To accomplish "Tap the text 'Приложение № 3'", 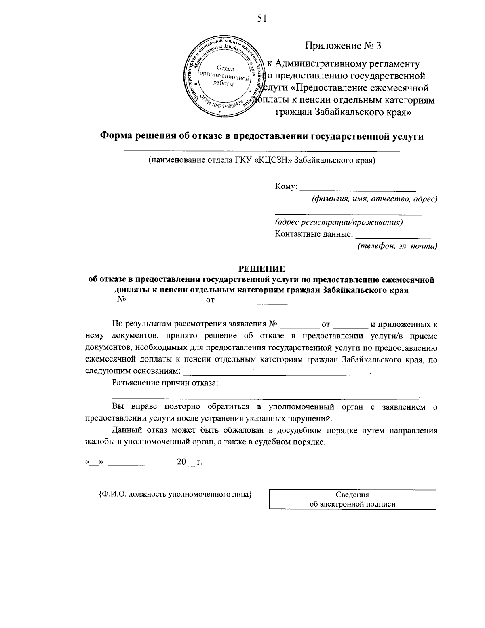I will [343, 45].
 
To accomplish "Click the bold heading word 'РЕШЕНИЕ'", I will [261, 269].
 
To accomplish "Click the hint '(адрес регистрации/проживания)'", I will [339, 222].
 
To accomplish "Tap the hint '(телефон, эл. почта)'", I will [397, 246].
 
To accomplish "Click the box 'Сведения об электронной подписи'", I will [352, 499].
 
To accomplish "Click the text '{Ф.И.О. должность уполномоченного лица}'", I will [175, 494].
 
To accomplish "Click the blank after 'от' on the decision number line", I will [252, 301].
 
